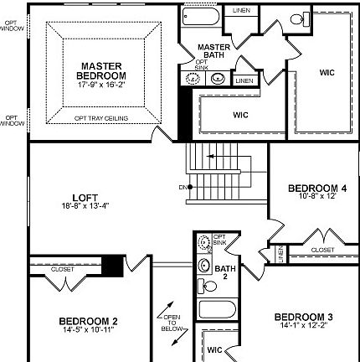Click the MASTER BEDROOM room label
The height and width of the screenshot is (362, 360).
pyautogui.click(x=103, y=70)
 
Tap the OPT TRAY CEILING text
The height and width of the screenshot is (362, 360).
pyautogui.click(x=101, y=119)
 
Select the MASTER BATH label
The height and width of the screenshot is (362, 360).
pyautogui.click(x=214, y=51)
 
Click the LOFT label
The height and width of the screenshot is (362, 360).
pyautogui.click(x=85, y=198)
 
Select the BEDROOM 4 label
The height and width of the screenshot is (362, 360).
pyautogui.click(x=317, y=188)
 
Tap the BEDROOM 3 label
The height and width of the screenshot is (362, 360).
pyautogui.click(x=305, y=317)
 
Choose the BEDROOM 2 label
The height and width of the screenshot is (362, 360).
pyautogui.click(x=88, y=321)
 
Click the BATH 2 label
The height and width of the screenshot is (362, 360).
pyautogui.click(x=221, y=271)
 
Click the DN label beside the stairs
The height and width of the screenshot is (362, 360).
pyautogui.click(x=183, y=187)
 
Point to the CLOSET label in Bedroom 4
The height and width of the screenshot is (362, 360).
pyautogui.click(x=322, y=250)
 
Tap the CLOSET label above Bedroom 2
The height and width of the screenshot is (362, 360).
pyautogui.click(x=62, y=269)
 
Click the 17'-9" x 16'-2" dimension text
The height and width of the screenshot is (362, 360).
pyautogui.click(x=103, y=85)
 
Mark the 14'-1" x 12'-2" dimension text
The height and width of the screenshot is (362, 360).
pyautogui.click(x=305, y=325)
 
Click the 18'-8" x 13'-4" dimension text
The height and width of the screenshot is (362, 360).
pyautogui.click(x=85, y=206)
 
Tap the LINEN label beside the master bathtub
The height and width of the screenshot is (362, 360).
pyautogui.click(x=241, y=11)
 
